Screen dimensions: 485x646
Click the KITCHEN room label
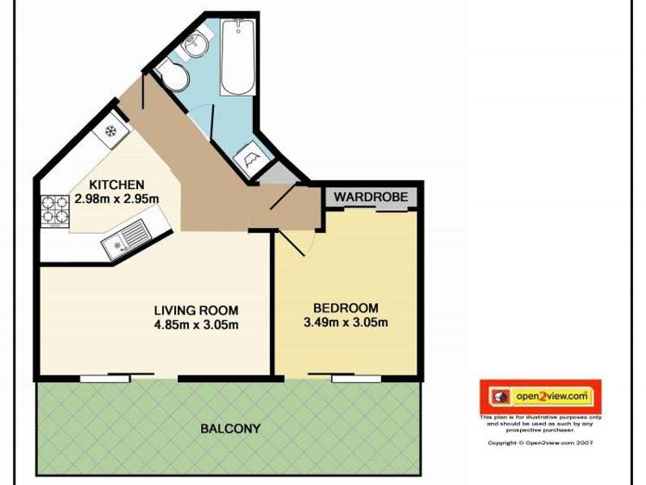[x=116, y=185]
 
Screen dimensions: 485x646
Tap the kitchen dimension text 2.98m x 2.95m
[x=116, y=198]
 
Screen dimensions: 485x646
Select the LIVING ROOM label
[x=196, y=311]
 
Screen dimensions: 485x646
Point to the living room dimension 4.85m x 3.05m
[x=196, y=324]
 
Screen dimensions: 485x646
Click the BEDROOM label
[x=345, y=308]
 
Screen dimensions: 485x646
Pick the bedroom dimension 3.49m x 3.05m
[x=345, y=323]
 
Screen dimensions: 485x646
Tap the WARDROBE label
[x=371, y=197]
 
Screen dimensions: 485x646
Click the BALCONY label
[x=230, y=428]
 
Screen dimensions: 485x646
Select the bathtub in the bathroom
[x=237, y=59]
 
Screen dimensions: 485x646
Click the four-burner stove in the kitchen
[x=56, y=210]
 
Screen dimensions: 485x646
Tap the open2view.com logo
[x=540, y=397]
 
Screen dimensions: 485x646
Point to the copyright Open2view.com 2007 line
[x=540, y=443]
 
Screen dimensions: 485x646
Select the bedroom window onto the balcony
[x=356, y=377]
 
